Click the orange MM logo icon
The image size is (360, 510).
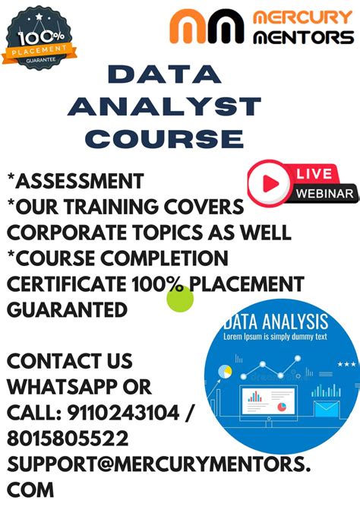point(207,27)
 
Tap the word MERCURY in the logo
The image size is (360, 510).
point(301,17)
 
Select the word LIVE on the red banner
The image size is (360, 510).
point(313,175)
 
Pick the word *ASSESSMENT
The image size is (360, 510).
point(75,181)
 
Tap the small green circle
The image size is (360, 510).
point(180,298)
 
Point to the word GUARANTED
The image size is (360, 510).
point(68,309)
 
